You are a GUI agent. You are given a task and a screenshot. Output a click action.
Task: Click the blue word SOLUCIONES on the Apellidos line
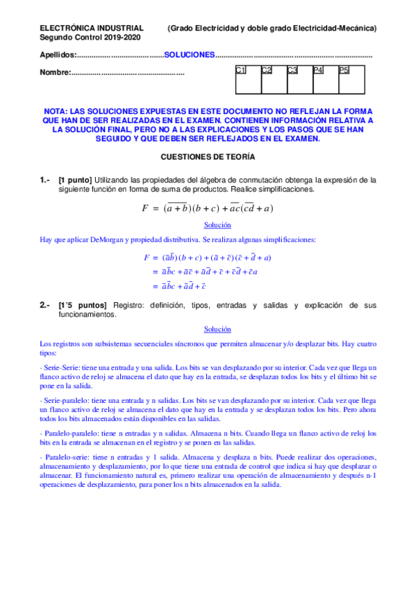[190, 54]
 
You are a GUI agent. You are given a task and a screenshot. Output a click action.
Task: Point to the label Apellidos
[56, 54]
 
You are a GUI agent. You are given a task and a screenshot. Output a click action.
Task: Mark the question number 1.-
[45, 179]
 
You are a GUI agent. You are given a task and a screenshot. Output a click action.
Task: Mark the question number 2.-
[45, 305]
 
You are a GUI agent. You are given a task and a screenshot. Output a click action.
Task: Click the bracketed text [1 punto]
[74, 179]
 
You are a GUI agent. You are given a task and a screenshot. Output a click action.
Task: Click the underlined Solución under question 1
[217, 225]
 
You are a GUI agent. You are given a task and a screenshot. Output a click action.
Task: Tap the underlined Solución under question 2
[217, 329]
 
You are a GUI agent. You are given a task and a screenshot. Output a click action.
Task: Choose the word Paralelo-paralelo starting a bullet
[72, 433]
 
